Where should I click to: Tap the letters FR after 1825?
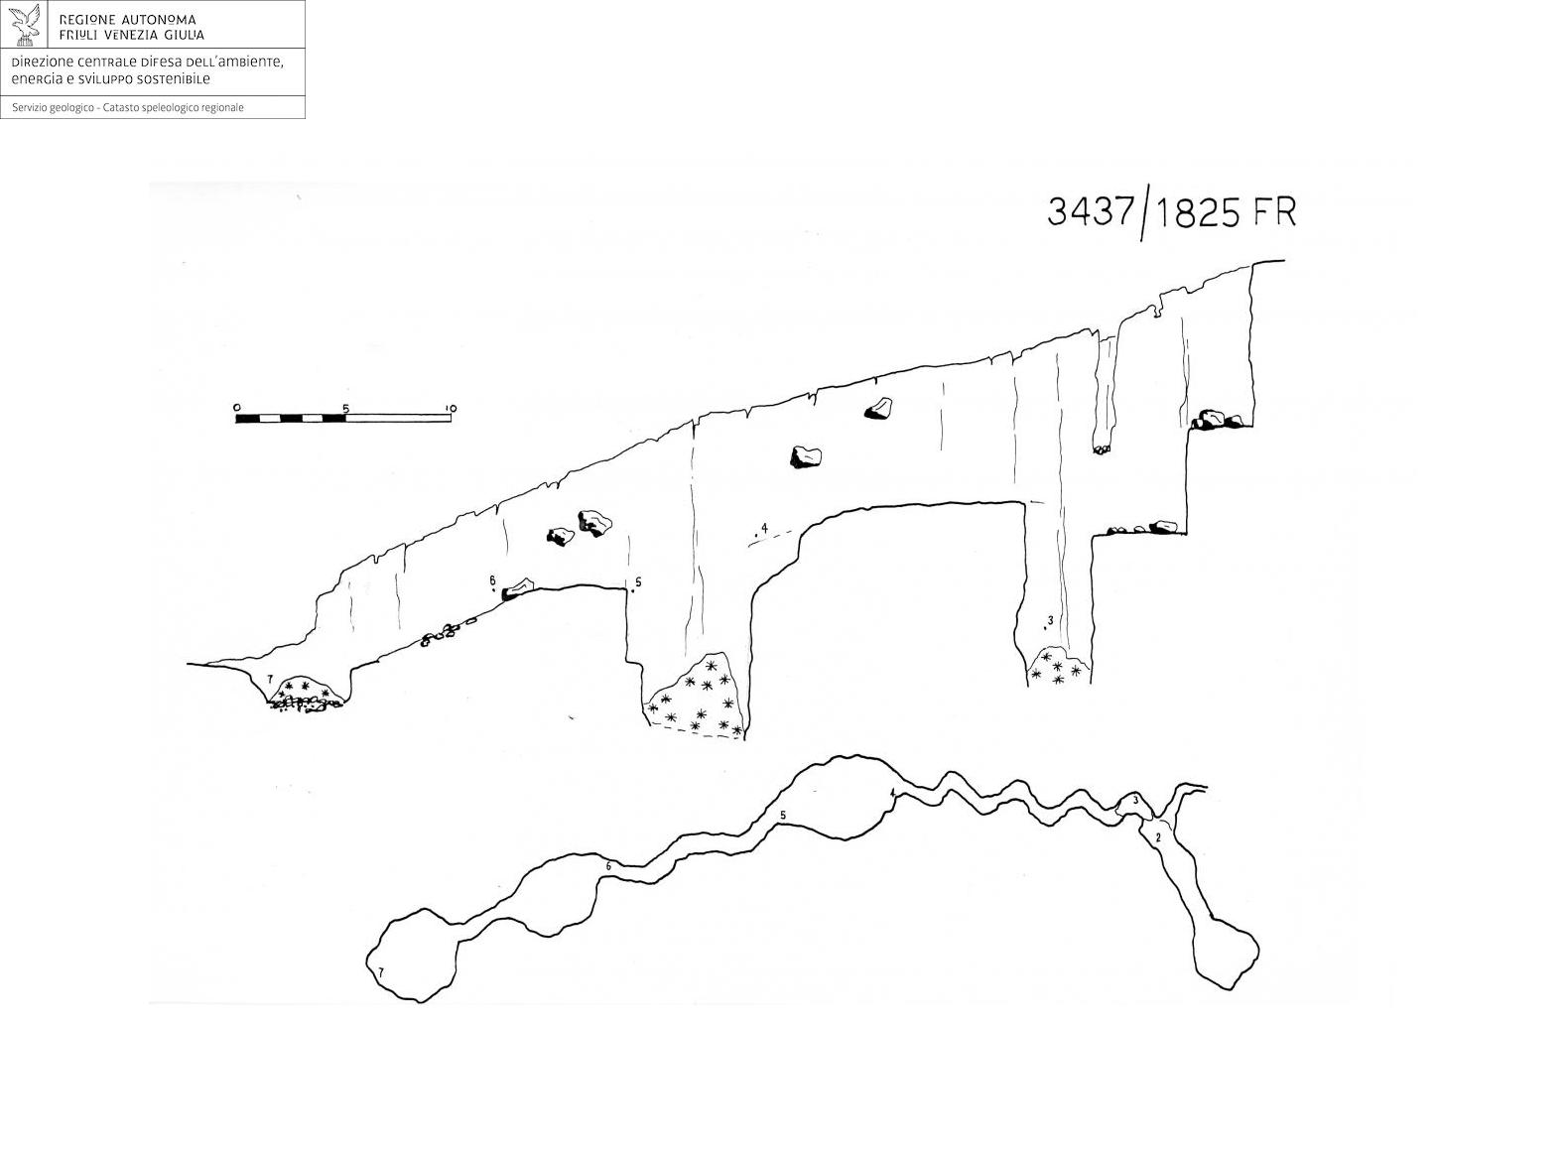click(x=1274, y=212)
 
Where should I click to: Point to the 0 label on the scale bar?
click(x=237, y=407)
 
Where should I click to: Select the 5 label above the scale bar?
click(x=344, y=408)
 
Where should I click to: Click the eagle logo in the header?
click(x=26, y=25)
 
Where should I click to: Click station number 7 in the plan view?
click(x=380, y=972)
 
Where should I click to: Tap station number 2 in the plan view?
click(x=1158, y=837)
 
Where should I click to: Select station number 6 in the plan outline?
click(x=608, y=866)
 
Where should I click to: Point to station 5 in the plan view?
click(x=783, y=815)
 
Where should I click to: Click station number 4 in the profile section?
click(x=764, y=528)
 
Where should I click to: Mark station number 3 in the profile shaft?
click(x=1051, y=619)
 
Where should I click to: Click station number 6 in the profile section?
click(x=492, y=579)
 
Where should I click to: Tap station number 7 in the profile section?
click(x=269, y=679)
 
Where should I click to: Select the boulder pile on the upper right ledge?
click(x=1216, y=420)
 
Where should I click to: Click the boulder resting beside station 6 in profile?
click(x=518, y=588)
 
